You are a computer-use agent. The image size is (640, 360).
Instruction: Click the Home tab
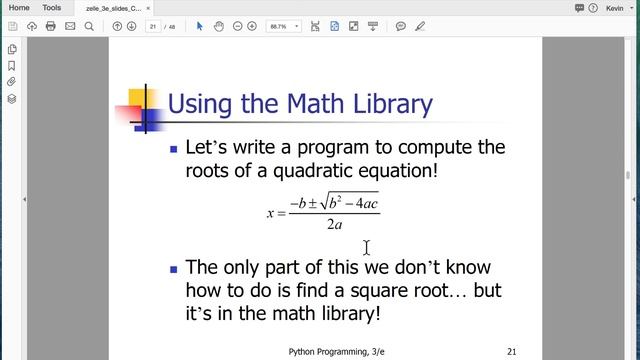coord(19,7)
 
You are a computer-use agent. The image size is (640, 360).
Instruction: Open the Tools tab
coord(51,7)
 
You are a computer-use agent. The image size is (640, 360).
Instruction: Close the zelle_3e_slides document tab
coord(148,8)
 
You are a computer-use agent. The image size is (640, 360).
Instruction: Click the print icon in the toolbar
coord(50,26)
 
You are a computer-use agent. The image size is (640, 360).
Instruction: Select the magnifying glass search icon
coord(89,26)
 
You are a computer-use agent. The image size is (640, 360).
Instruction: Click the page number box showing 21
coord(153,26)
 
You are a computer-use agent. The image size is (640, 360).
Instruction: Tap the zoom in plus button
coord(252,26)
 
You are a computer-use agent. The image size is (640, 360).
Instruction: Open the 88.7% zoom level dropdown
coord(282,26)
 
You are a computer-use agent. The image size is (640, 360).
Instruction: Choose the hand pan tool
coord(217,26)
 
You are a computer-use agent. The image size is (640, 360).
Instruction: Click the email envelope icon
coord(69,26)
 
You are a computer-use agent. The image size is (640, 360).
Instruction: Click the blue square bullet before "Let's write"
coord(173,149)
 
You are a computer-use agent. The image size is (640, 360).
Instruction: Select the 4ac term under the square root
coord(364,204)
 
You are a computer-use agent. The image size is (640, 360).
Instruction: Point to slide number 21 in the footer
coord(511,352)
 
